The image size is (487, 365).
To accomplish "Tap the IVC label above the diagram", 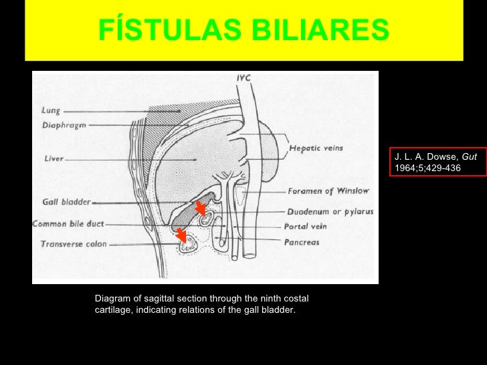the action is (243, 78).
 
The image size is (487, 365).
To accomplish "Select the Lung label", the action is (51, 111).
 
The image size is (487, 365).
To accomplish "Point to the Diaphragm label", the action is (64, 125).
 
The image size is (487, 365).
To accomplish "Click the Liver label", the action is (54, 159).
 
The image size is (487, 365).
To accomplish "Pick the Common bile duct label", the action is (68, 225).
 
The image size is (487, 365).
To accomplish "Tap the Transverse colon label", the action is (73, 244).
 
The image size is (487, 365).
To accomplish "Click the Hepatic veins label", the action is (315, 148).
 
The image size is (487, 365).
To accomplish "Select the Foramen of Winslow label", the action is (328, 191).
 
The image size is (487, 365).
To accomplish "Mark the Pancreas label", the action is (302, 242).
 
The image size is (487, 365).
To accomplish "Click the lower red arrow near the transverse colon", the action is (181, 235).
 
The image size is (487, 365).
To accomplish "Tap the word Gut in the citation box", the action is (469, 156).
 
